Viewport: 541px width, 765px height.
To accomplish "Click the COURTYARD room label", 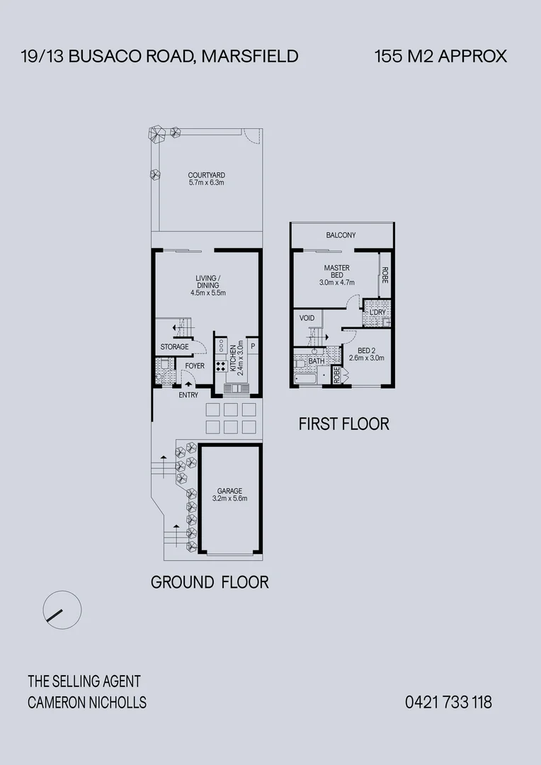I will pyautogui.click(x=206, y=176).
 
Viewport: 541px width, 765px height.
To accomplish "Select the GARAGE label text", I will pyautogui.click(x=229, y=491).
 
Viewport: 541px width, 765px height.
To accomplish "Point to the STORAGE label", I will pyautogui.click(x=174, y=347).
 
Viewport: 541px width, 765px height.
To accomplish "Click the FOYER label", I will pyautogui.click(x=195, y=366).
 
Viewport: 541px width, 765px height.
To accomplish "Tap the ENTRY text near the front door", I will pyautogui.click(x=188, y=395).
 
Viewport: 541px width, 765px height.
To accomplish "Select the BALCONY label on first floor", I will pyautogui.click(x=341, y=235).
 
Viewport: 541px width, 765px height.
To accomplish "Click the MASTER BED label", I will pyautogui.click(x=336, y=272).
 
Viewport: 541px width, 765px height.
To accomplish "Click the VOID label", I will pyautogui.click(x=307, y=318).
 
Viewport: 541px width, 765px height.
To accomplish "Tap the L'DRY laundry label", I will pyautogui.click(x=377, y=312).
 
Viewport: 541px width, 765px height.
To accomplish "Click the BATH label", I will pyautogui.click(x=316, y=361).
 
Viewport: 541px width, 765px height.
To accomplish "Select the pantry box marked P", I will pyautogui.click(x=252, y=346).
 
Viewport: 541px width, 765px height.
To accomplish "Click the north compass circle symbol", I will pyautogui.click(x=62, y=609).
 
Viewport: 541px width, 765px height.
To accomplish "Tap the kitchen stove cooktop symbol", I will pyautogui.click(x=220, y=366).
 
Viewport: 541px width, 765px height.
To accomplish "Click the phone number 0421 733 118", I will pyautogui.click(x=448, y=703).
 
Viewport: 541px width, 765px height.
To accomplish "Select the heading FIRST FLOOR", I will pyautogui.click(x=343, y=424).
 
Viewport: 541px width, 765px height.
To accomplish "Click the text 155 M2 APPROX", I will pyautogui.click(x=440, y=57).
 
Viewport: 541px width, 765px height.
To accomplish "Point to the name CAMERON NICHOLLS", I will pyautogui.click(x=87, y=703).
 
